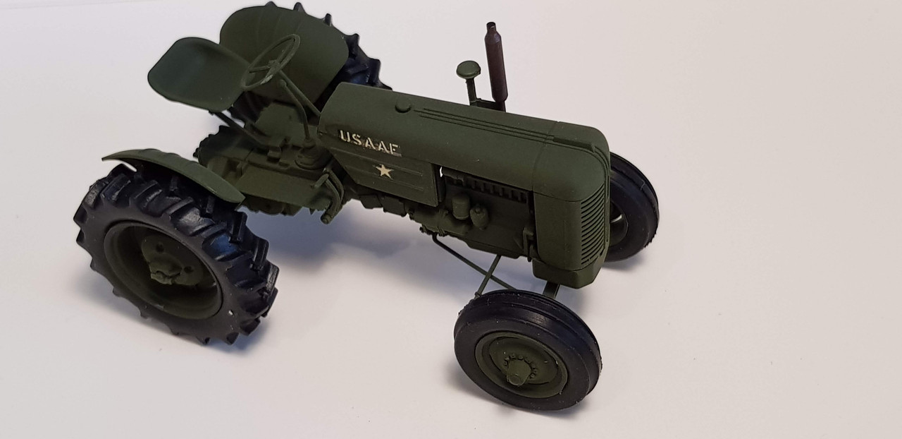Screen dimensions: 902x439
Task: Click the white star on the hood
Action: coord(384,171)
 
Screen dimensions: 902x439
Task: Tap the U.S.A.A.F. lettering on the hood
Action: coord(370,141)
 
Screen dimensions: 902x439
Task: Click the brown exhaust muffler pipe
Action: coord(495,66)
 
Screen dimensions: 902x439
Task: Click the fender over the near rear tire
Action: coord(173,169)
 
